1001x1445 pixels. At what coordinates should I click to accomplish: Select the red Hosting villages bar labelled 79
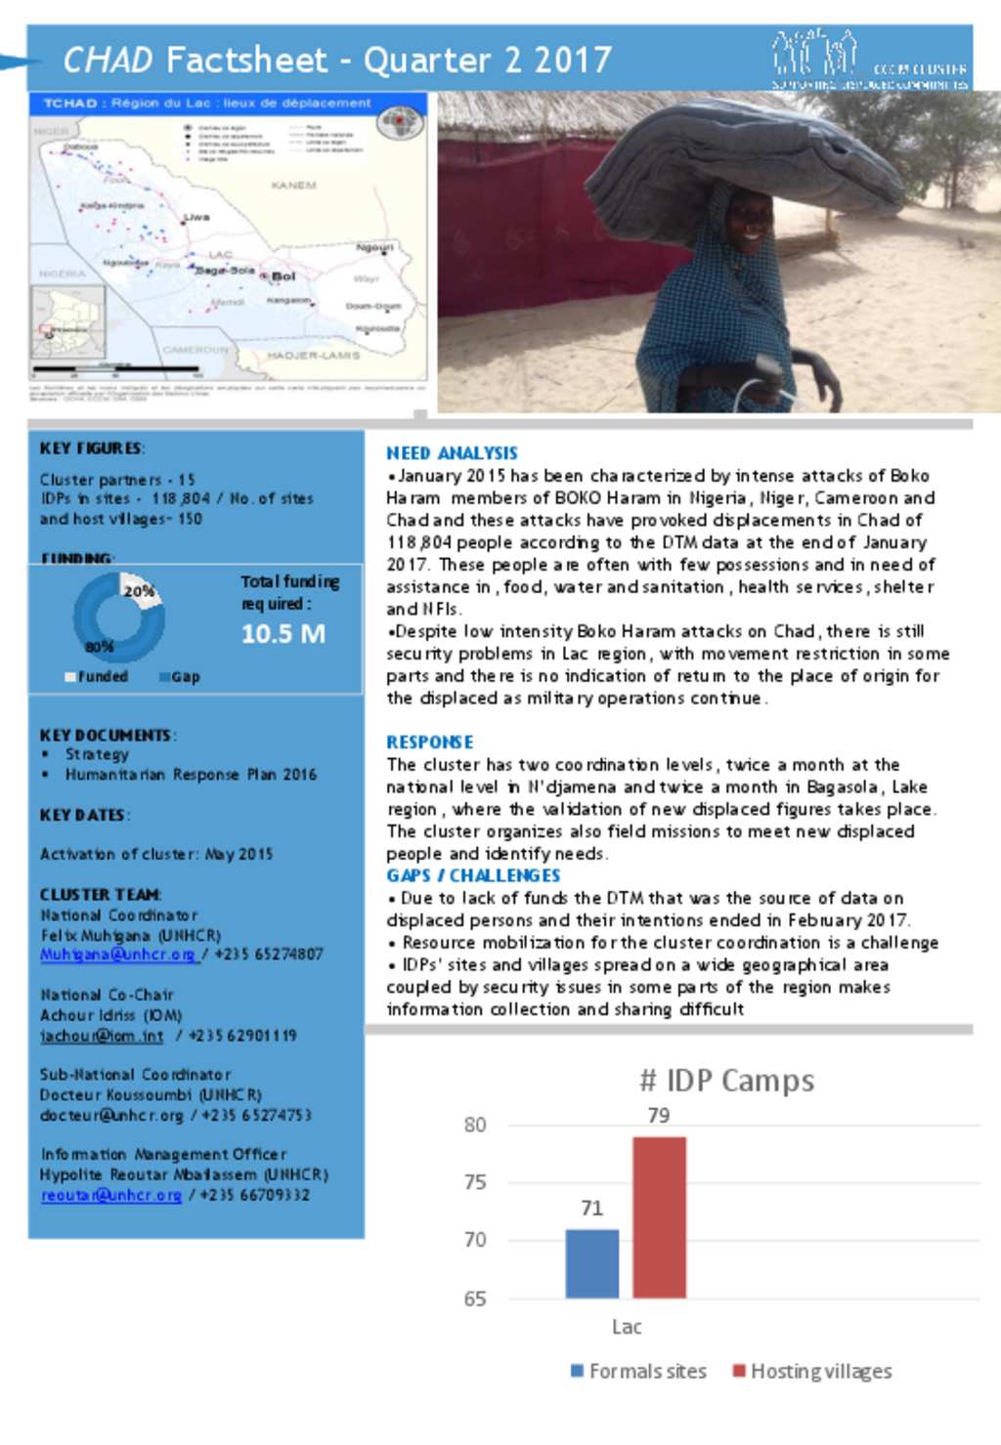click(659, 1216)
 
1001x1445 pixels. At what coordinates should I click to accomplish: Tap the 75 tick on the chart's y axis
click(475, 1182)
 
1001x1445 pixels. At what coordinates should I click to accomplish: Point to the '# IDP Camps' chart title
click(726, 1081)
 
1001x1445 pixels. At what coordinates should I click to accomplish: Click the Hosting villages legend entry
click(812, 1372)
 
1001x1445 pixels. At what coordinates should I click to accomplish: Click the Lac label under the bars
click(627, 1327)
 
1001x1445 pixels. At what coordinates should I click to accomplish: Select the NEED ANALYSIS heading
click(452, 453)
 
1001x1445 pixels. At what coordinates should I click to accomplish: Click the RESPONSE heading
click(429, 743)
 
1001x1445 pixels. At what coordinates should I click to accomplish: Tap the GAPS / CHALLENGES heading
click(473, 875)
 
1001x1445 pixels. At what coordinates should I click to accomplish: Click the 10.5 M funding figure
click(283, 634)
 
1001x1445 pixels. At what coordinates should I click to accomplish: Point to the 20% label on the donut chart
click(139, 591)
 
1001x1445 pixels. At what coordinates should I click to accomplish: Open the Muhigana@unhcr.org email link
click(117, 955)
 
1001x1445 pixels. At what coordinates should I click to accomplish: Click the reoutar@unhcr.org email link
click(110, 1195)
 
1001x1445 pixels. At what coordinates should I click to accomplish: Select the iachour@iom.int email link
click(102, 1036)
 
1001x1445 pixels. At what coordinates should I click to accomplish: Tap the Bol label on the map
click(283, 276)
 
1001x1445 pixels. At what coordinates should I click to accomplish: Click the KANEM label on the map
click(293, 185)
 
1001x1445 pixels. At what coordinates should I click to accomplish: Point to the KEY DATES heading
click(83, 815)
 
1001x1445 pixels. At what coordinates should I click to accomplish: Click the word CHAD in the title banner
click(108, 61)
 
